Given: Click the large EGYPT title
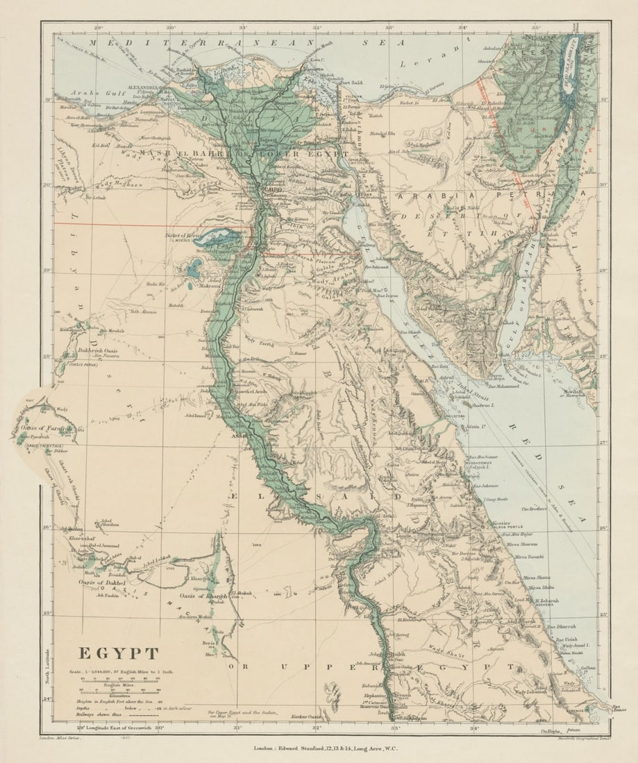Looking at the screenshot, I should click(x=117, y=653).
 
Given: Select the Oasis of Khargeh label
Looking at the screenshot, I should click(x=203, y=596).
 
